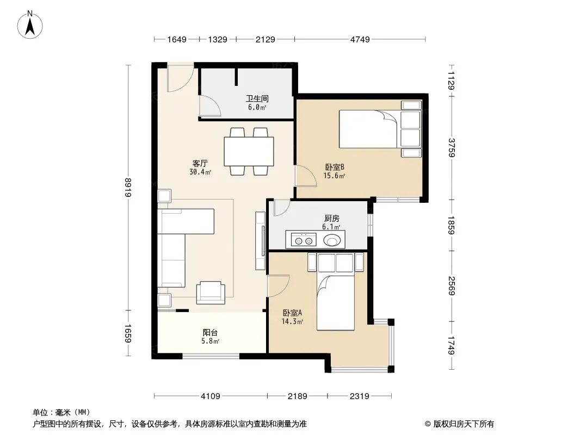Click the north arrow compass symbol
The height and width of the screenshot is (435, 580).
click(30, 25)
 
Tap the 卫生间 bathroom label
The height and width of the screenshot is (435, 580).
click(257, 98)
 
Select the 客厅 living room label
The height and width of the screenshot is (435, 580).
click(200, 163)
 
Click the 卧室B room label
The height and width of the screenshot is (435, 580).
click(335, 167)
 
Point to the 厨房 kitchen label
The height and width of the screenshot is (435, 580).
click(331, 219)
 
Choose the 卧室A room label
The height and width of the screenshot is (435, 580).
click(292, 313)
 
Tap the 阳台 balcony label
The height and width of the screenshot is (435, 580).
click(210, 332)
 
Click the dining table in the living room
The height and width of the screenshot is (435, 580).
click(249, 152)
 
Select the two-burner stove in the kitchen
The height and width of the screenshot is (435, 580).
click(304, 239)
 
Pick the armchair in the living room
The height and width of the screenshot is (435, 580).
click(211, 293)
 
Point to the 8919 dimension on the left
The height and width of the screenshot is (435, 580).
click(128, 188)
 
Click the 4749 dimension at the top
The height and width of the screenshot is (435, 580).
click(360, 39)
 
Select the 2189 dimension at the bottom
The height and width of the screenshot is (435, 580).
click(298, 396)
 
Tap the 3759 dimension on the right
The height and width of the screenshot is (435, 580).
click(451, 147)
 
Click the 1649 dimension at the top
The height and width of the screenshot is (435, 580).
click(177, 39)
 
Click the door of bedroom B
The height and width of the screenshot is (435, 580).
click(306, 176)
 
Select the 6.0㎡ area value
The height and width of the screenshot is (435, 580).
click(257, 108)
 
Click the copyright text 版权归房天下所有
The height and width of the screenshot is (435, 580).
click(464, 424)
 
